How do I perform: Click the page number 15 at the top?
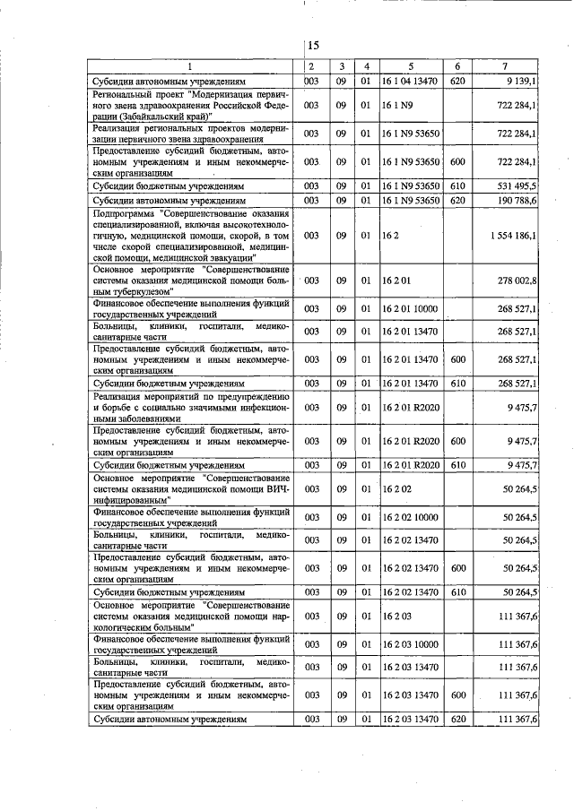313,46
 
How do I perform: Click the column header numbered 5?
409,66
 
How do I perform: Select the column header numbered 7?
506,66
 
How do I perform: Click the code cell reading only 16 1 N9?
396,105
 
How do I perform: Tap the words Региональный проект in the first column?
138,93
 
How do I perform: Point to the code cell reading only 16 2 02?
396,488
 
